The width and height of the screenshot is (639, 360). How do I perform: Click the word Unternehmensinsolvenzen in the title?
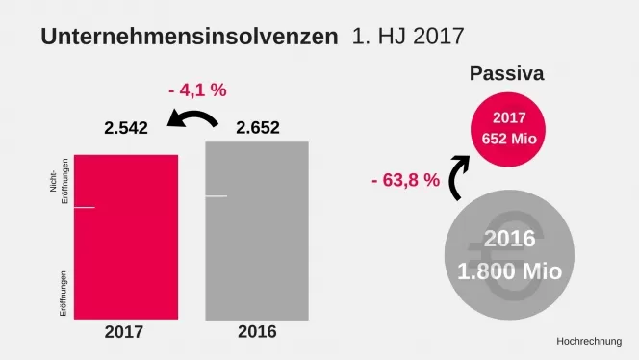[x=189, y=37]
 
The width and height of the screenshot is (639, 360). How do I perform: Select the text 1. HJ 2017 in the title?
[x=408, y=37]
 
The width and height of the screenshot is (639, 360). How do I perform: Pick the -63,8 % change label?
[x=405, y=180]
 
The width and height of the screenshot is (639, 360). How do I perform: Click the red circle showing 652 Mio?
[x=507, y=129]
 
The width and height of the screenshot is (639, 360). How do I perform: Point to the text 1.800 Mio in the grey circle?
[x=510, y=270]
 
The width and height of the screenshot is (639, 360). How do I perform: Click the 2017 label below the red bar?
[x=123, y=332]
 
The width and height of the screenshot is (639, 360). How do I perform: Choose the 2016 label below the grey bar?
[x=256, y=332]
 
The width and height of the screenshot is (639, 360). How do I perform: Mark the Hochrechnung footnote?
[x=589, y=342]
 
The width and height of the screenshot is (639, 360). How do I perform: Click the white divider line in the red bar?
[x=85, y=207]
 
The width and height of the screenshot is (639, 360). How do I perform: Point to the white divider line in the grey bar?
[x=217, y=196]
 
